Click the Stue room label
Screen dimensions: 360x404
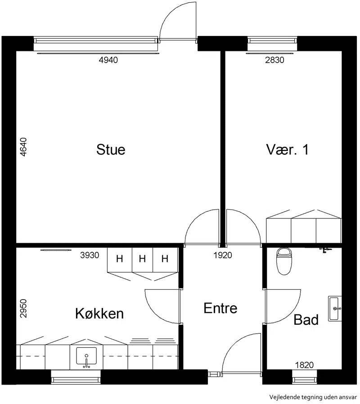(111, 150)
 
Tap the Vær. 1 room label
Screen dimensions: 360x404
(288, 150)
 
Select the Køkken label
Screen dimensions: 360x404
(99, 313)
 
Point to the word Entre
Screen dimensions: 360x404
(220, 308)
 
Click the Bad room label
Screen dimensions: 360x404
(306, 320)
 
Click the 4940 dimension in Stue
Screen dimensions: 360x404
(108, 60)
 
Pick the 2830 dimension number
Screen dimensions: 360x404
(275, 60)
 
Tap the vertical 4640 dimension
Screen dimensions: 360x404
(23, 147)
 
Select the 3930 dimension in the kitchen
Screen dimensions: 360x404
(90, 255)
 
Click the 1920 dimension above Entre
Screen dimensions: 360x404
(223, 255)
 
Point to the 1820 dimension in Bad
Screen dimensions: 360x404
(304, 365)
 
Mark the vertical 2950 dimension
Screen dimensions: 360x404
(23, 309)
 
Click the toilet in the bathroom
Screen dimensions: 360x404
(284, 261)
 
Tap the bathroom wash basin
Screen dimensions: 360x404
(335, 309)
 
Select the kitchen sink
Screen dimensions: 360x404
(86, 357)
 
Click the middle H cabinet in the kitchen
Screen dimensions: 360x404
(142, 259)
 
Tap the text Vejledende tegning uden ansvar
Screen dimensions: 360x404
(313, 397)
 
